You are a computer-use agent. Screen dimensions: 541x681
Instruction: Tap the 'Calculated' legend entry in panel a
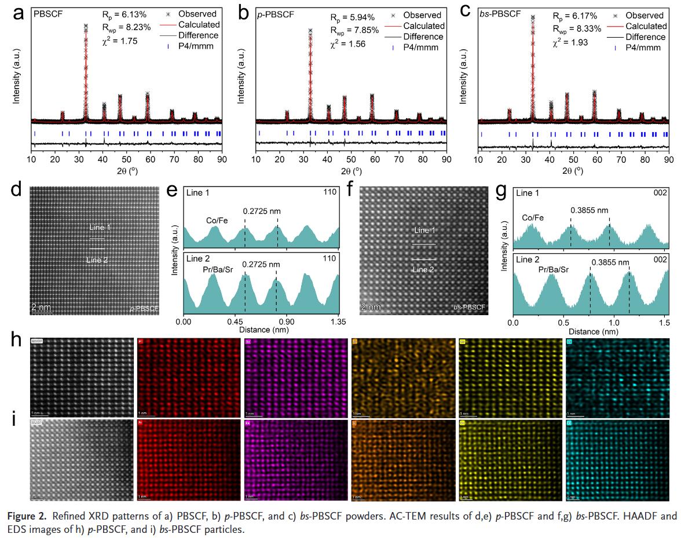tap(199, 24)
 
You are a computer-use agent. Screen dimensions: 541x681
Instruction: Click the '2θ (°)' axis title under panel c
tap(573, 171)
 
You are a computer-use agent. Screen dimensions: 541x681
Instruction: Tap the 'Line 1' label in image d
tap(100, 228)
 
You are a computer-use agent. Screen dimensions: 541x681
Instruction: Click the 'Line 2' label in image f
tap(423, 269)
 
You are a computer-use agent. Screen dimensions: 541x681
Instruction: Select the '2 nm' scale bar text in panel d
tap(42, 306)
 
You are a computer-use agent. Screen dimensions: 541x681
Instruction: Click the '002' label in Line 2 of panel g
tap(661, 260)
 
